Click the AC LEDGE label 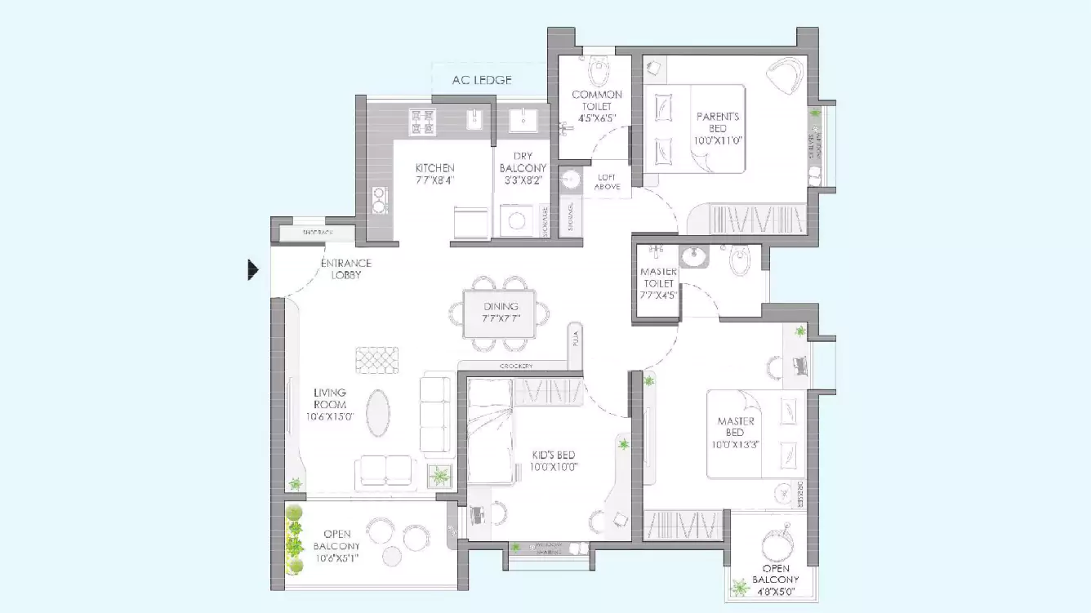click(x=482, y=80)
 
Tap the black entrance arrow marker click(x=253, y=269)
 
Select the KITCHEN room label click(x=434, y=168)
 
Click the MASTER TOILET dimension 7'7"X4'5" click(x=657, y=295)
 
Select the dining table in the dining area click(x=500, y=313)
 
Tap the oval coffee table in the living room click(x=377, y=413)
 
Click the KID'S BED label click(x=554, y=455)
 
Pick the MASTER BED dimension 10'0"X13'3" click(x=735, y=444)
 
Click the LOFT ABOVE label click(x=608, y=181)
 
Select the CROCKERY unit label click(x=517, y=366)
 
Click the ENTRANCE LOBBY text click(x=345, y=269)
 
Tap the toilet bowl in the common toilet click(x=599, y=72)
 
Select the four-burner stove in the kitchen click(x=422, y=122)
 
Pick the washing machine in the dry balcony click(x=516, y=220)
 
